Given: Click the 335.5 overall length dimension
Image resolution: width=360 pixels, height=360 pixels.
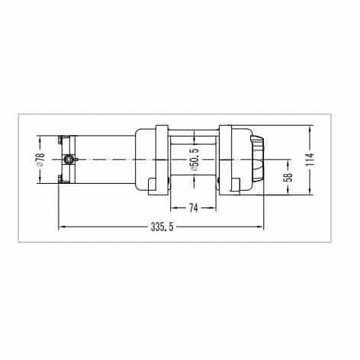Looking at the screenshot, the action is pos(162,227).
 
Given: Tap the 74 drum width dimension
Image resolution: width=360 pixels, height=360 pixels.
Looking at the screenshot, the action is pos(193,208).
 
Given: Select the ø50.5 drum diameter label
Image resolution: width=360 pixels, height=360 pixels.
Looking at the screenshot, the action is pos(194,159).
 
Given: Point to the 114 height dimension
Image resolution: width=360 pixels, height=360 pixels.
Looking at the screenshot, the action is pos(310,159).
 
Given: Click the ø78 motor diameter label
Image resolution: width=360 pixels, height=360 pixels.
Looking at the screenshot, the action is pos(40,159).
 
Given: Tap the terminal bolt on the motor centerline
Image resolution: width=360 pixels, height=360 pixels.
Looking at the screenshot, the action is pos(68,159).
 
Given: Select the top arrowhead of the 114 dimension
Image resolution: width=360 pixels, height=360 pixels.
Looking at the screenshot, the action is pos(310,129).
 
